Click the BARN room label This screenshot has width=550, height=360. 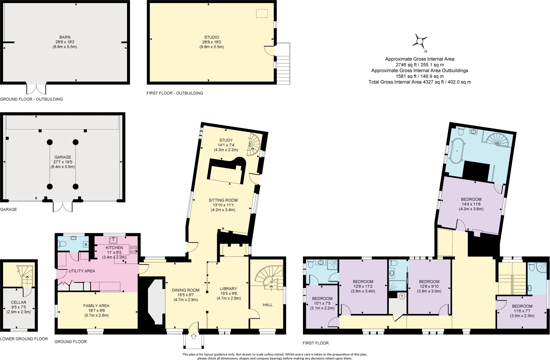click(x=65, y=37)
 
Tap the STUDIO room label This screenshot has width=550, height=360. click(x=212, y=37)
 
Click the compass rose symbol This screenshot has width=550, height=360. click(x=419, y=41)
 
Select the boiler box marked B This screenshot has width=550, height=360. click(x=86, y=244)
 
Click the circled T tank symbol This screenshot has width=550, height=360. click(x=402, y=297)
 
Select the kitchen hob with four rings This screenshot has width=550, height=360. click(x=133, y=250)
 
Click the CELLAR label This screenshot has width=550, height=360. click(x=19, y=302)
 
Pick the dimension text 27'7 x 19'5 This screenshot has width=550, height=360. click(x=63, y=162)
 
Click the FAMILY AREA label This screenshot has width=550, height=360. click(x=96, y=306)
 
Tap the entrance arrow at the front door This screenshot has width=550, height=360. click(x=193, y=336)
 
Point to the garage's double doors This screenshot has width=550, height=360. click(x=63, y=207)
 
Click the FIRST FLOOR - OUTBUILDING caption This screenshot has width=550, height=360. click(x=175, y=93)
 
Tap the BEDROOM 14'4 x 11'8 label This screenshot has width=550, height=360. click(x=471, y=199)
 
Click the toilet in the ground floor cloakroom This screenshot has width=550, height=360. click(x=62, y=244)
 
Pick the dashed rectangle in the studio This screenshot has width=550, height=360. click(x=262, y=13)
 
